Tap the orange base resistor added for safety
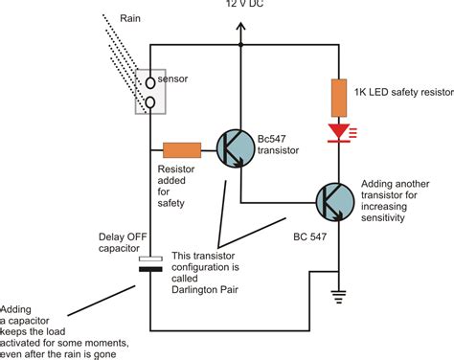[x=182, y=149]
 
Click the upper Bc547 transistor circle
[x=235, y=147]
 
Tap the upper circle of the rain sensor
[x=150, y=82]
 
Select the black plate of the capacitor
[x=150, y=269]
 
